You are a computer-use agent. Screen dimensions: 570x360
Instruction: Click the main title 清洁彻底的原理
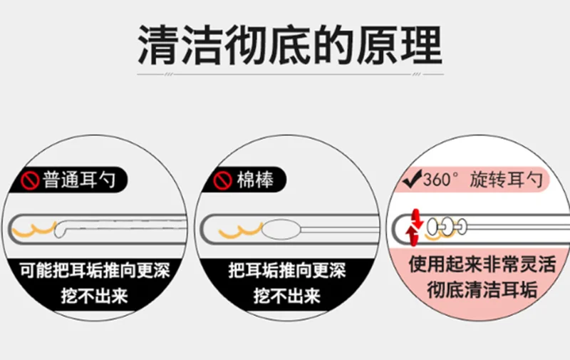pos(290,45)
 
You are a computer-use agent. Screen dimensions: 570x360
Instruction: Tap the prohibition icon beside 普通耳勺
pos(30,180)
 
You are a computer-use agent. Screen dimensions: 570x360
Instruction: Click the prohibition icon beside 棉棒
pos(222,180)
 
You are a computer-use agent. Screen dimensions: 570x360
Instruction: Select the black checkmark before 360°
pos(413,178)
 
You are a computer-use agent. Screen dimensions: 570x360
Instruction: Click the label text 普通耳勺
pos(79,180)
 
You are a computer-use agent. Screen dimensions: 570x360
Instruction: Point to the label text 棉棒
pos(255,180)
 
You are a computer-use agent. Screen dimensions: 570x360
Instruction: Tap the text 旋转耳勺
pos(506,180)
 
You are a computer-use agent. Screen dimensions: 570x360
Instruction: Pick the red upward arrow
pos(412,235)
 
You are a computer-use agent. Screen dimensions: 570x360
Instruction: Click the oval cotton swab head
pos(281,229)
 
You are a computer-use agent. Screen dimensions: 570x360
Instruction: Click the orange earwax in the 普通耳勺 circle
pos(34,229)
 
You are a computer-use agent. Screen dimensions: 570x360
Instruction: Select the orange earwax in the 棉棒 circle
pos(240,231)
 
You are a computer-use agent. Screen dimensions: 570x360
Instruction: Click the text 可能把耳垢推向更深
pos(95,271)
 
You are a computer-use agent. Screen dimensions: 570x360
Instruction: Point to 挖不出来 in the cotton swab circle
pos(287,296)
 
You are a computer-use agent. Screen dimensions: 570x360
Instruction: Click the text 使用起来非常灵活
pos(482,264)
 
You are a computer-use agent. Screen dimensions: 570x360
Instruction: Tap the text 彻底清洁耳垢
pos(482,290)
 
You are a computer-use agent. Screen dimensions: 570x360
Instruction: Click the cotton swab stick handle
pos(340,229)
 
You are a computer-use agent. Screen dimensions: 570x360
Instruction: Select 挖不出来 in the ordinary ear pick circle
pos(95,296)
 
